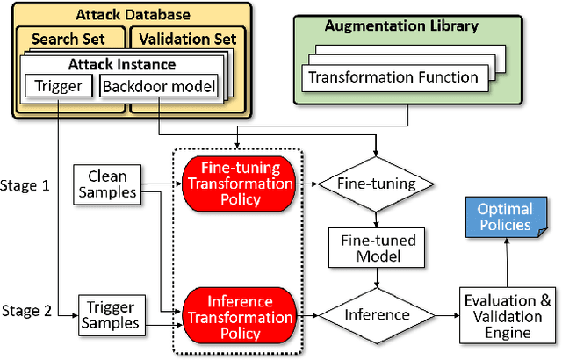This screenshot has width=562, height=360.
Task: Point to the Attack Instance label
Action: (x=123, y=64)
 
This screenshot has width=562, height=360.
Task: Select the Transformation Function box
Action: (x=392, y=76)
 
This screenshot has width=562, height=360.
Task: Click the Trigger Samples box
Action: (x=110, y=314)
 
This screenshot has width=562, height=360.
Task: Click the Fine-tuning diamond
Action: (x=376, y=184)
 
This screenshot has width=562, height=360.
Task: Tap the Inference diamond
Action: (x=376, y=314)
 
